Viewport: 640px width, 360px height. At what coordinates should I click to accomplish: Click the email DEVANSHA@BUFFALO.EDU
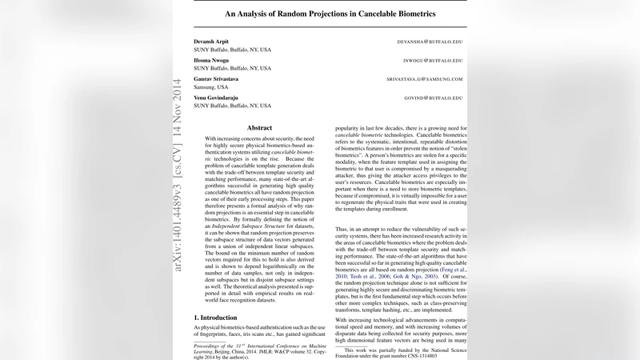(430, 40)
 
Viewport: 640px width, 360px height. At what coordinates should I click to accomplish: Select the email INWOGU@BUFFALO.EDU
(435, 60)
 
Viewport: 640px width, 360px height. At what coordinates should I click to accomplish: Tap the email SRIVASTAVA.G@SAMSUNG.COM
(425, 79)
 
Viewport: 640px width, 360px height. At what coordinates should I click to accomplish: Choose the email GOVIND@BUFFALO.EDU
(435, 98)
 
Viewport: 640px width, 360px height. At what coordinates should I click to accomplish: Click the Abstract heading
(259, 127)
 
